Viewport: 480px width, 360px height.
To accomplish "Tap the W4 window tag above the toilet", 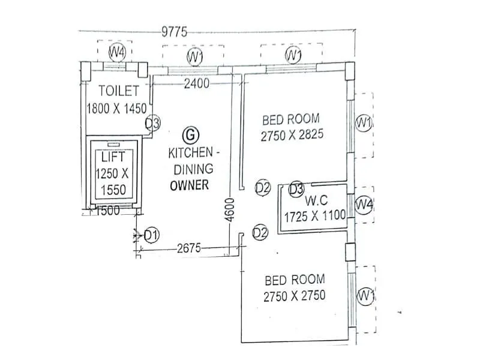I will point(117,52).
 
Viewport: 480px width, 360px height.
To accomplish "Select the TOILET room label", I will point(119,91).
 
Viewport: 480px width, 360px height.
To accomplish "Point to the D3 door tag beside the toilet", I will point(153,124).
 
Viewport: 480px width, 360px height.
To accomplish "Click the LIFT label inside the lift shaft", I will point(113,158).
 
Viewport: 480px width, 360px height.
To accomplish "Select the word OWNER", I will point(189,185).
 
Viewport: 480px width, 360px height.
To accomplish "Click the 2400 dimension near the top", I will point(197,84).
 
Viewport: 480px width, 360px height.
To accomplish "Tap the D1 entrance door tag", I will point(152,235).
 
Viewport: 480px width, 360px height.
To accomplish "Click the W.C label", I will point(316,199).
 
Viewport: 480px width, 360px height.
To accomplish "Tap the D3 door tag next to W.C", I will point(296,189).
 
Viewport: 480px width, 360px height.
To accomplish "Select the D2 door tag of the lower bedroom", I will point(260,232).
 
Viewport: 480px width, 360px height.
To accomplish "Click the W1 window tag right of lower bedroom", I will point(365,296).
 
